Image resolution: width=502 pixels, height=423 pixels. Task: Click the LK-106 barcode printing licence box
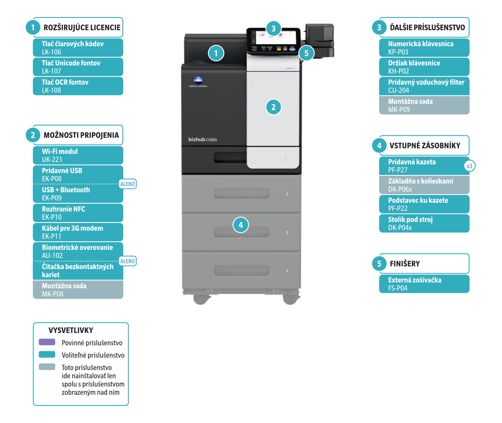tap(78, 48)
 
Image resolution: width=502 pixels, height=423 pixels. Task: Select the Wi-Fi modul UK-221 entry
tap(78, 155)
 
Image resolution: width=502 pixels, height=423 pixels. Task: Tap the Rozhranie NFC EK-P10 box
tap(78, 213)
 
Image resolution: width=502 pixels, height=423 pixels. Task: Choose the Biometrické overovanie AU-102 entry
tap(78, 251)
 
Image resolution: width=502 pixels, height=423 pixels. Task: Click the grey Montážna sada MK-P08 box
tap(78, 290)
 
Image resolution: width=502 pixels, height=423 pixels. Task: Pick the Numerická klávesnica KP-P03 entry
tap(424, 48)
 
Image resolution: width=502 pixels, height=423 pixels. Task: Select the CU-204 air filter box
tap(424, 86)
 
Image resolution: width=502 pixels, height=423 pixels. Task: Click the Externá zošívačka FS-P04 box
tap(424, 284)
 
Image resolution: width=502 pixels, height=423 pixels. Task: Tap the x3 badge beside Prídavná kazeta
tap(469, 166)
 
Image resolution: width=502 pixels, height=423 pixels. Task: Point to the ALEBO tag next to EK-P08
tap(128, 184)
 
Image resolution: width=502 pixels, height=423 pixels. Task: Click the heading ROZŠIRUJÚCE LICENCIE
tap(82, 28)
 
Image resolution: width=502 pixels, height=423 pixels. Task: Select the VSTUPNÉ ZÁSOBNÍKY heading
tap(424, 146)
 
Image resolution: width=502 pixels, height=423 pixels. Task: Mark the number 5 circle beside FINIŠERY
tap(379, 264)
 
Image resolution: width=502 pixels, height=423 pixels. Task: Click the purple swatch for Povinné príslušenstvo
tap(47, 342)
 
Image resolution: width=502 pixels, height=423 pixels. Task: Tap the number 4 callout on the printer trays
tap(241, 225)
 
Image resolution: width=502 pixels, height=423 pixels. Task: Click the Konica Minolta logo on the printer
tap(198, 82)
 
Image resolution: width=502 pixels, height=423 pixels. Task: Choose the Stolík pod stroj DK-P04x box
tap(424, 223)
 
